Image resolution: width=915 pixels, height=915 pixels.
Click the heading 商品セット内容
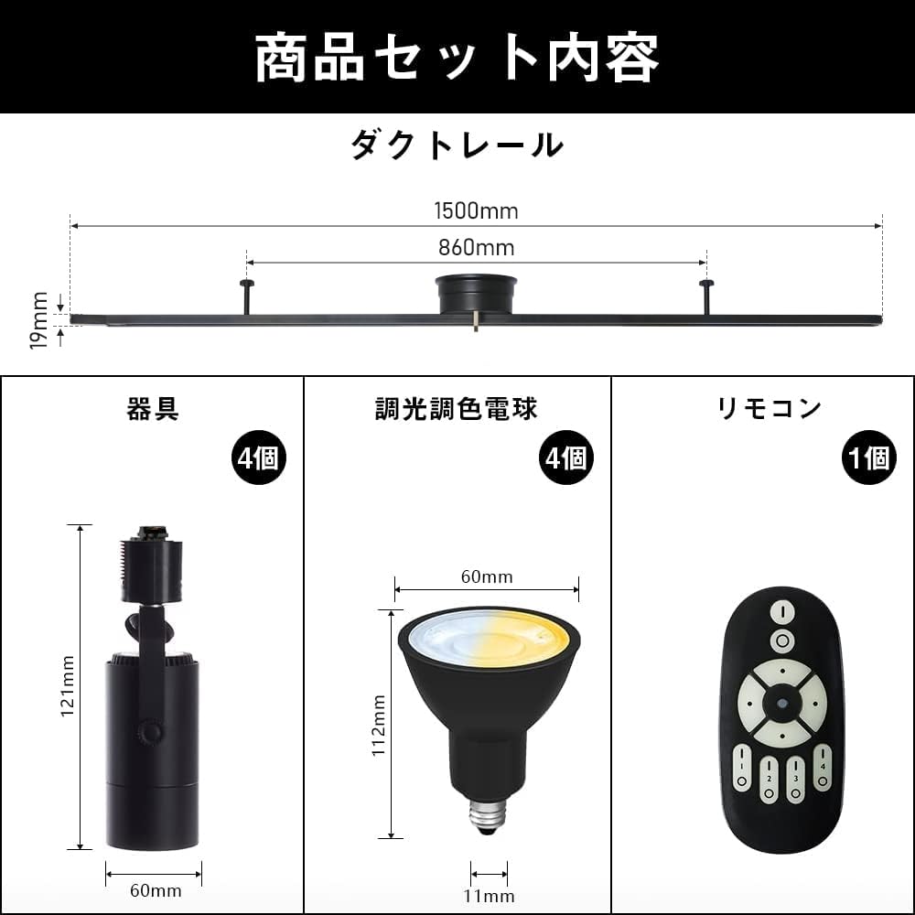(x=457, y=59)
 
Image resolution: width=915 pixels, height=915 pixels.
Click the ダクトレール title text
(x=457, y=145)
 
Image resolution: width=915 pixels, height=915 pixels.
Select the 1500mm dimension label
(x=476, y=211)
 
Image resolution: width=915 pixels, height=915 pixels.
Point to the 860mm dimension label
(x=476, y=247)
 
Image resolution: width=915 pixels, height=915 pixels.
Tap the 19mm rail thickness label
(x=38, y=319)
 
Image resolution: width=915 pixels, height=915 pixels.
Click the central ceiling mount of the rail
(x=476, y=295)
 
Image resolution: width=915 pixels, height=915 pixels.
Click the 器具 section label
(x=153, y=409)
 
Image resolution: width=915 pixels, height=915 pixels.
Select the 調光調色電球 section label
(x=457, y=409)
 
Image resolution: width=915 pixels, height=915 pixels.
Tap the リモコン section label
(x=770, y=409)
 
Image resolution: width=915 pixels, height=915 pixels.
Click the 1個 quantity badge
(x=868, y=457)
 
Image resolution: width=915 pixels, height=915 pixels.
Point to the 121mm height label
(x=68, y=686)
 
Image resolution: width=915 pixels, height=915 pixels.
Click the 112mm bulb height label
(x=379, y=723)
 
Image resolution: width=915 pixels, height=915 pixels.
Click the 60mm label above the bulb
(x=486, y=576)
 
